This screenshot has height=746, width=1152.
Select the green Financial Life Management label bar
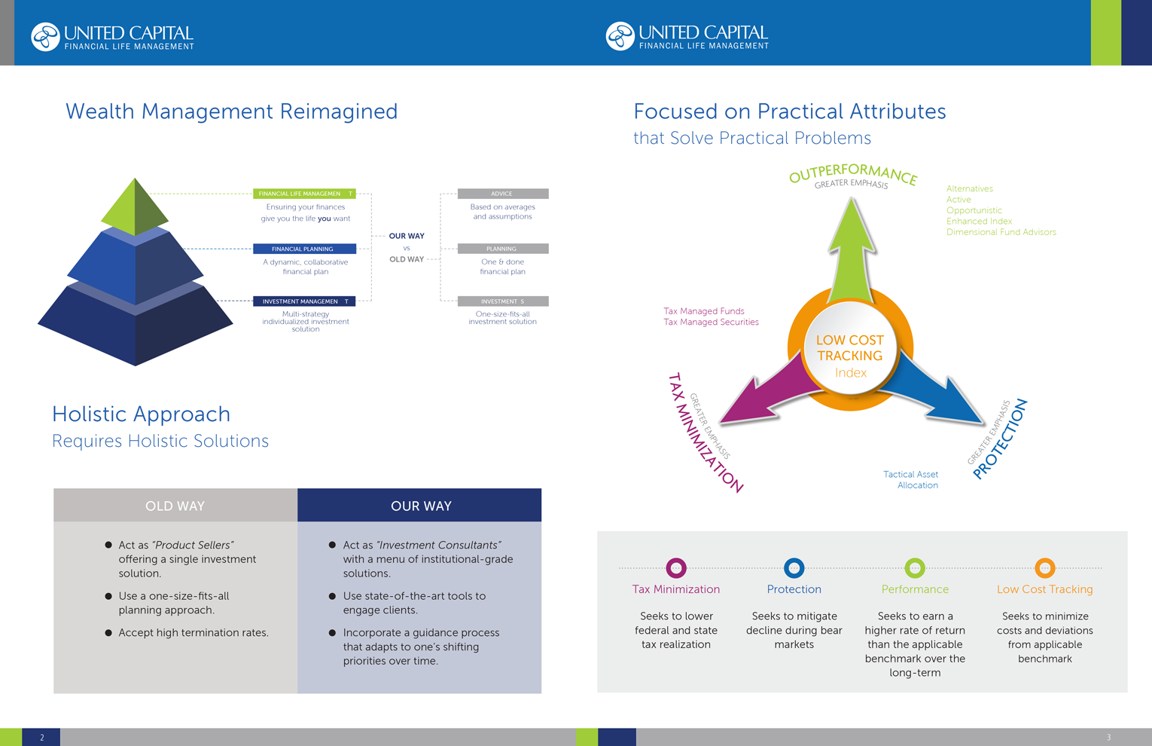[x=304, y=194]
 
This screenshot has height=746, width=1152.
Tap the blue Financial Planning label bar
[x=304, y=249]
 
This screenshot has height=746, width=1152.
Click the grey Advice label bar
[x=503, y=194]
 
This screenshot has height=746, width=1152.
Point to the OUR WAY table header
[x=420, y=506]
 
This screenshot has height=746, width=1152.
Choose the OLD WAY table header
[x=175, y=506]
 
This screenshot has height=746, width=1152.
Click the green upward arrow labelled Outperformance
[x=852, y=249]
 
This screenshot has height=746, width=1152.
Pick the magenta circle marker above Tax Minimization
[x=676, y=567]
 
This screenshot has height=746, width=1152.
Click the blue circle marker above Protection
[x=794, y=567]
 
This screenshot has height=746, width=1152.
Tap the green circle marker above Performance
[x=915, y=567]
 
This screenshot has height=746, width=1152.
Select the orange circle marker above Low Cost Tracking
[x=1044, y=567]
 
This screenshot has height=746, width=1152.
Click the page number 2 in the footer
[x=41, y=738]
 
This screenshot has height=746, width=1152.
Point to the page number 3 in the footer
[x=1108, y=738]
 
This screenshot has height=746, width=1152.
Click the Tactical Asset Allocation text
[x=911, y=480]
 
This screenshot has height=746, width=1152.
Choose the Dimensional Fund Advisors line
[x=1001, y=232]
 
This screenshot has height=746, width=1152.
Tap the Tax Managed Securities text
[x=711, y=322]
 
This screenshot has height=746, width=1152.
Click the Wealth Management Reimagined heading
[x=232, y=112]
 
